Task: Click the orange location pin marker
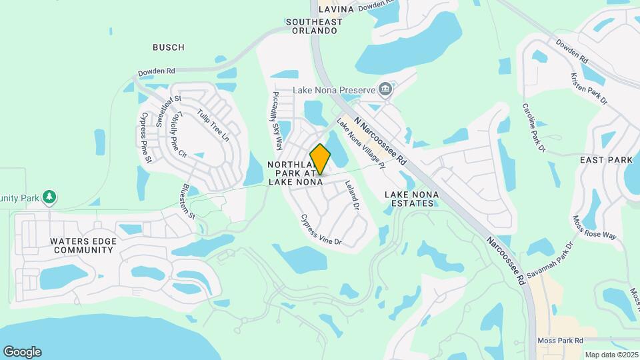(320, 159)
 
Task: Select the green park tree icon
(48, 197)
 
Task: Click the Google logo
(22, 352)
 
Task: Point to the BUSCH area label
(168, 47)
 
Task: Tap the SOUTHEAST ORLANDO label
(314, 27)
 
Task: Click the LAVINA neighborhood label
(335, 9)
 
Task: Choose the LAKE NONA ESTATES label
(410, 198)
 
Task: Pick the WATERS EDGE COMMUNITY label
(65, 245)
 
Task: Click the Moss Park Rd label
(560, 340)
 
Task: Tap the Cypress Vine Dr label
(321, 229)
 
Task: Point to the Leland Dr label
(351, 197)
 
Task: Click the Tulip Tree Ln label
(213, 126)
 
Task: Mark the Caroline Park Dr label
(533, 127)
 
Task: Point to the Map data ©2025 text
(611, 355)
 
